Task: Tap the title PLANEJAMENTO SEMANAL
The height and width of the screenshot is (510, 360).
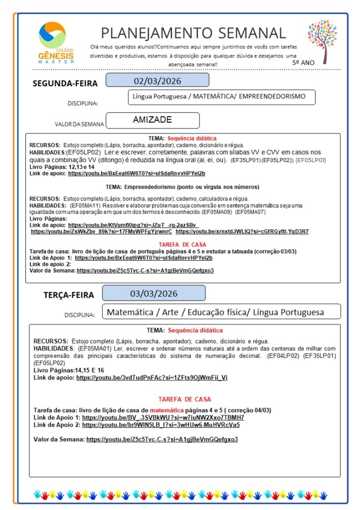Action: point(193,33)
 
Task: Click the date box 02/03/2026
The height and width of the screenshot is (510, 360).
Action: point(157,81)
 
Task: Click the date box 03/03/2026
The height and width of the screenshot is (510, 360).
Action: point(154,293)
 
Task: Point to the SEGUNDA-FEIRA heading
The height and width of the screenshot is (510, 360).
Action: point(65,83)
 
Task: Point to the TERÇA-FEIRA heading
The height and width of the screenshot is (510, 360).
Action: point(68,295)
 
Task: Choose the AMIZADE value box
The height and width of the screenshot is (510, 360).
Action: point(153,120)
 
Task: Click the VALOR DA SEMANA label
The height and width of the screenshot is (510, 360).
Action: point(79,124)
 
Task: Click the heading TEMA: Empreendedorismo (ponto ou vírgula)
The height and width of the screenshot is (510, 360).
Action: point(182,187)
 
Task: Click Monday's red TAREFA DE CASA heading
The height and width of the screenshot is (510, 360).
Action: point(182,244)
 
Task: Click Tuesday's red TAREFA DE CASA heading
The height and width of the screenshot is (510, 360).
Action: point(184,399)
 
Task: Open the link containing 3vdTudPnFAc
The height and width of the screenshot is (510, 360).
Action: point(152,378)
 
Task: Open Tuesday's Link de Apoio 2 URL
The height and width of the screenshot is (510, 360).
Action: point(161,425)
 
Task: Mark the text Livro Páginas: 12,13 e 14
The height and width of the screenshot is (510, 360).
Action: point(55,167)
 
